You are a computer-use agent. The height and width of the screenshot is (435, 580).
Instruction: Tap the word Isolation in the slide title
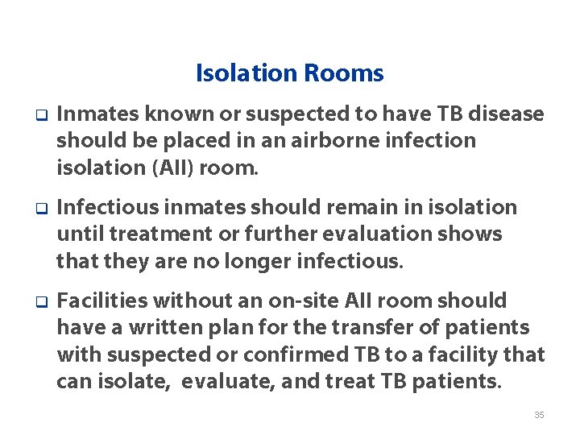click(247, 74)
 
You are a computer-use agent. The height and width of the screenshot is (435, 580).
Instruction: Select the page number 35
click(539, 415)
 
